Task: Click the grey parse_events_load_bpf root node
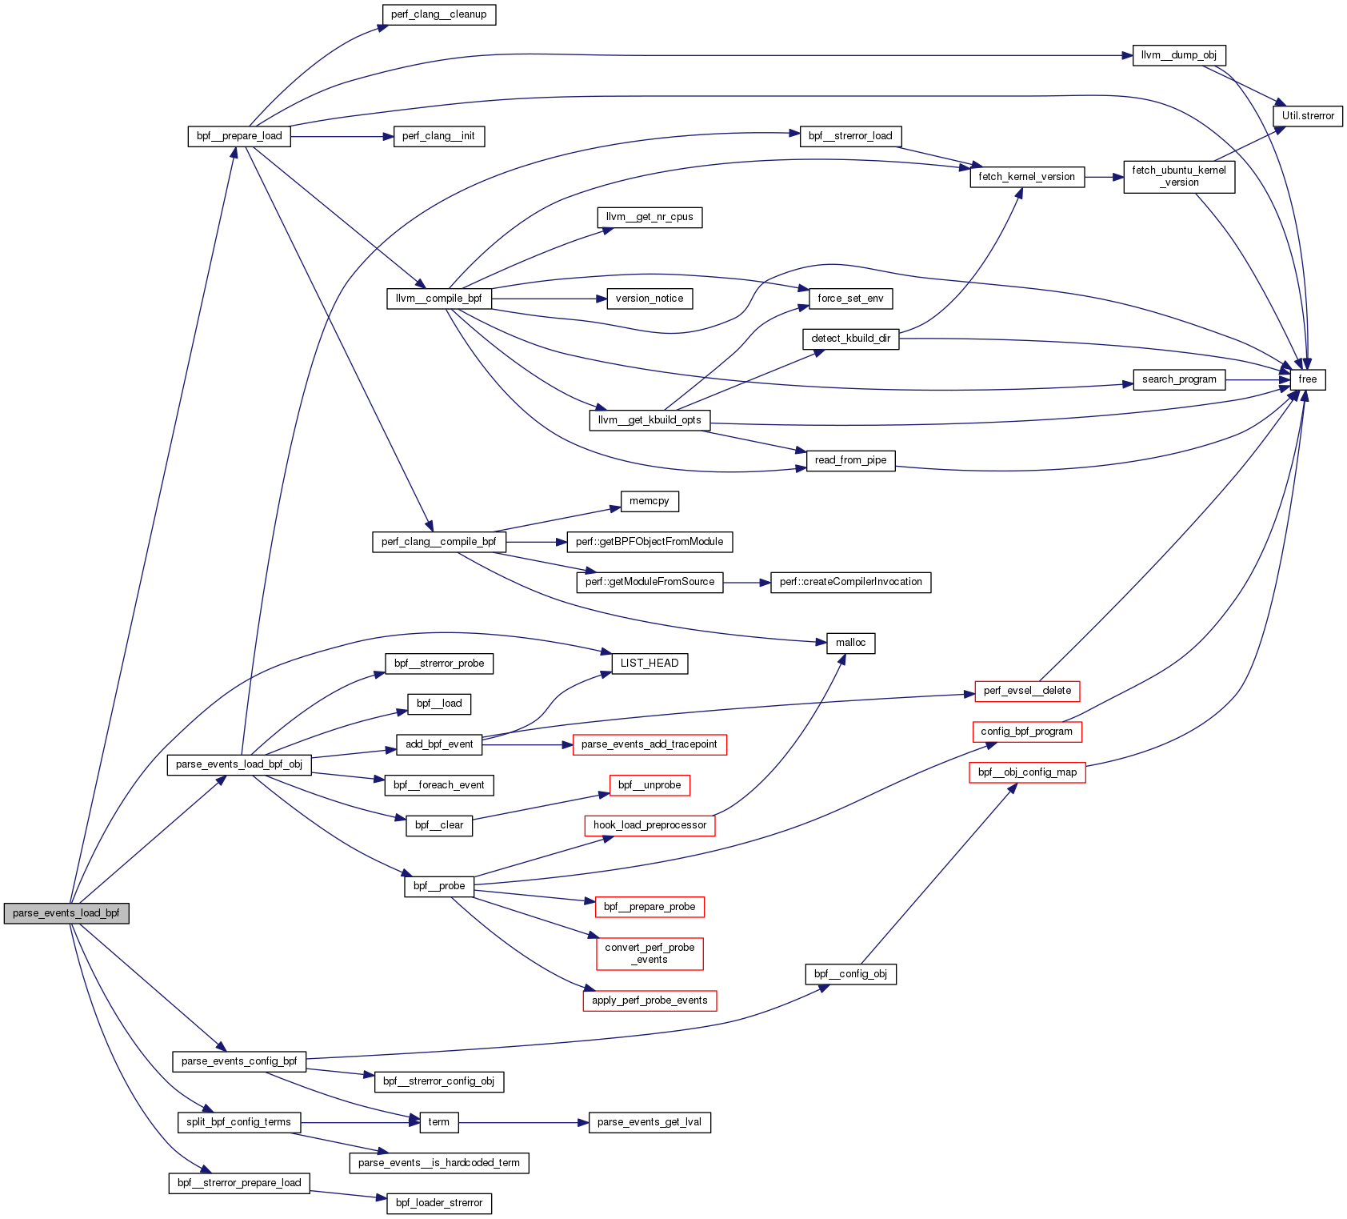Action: coord(66,913)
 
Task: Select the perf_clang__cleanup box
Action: coord(438,14)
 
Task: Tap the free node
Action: coord(1307,379)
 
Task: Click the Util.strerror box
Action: coord(1308,116)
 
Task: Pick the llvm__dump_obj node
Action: coord(1178,55)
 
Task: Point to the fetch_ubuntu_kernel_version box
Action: coord(1178,176)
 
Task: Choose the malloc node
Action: coord(850,643)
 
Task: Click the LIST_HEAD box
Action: coord(649,664)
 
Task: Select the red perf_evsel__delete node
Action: coord(1027,691)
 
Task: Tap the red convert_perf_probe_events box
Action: coord(650,953)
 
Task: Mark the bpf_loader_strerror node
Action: coord(439,1203)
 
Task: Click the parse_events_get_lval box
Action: coord(649,1122)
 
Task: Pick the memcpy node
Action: coord(649,501)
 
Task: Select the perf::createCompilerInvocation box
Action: coord(850,582)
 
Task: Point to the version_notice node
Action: coord(649,299)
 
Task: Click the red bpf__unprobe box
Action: coord(649,785)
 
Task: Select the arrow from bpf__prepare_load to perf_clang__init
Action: coord(342,136)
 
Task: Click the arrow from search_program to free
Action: coord(1257,379)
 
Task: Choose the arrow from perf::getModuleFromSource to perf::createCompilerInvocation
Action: coord(746,582)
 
